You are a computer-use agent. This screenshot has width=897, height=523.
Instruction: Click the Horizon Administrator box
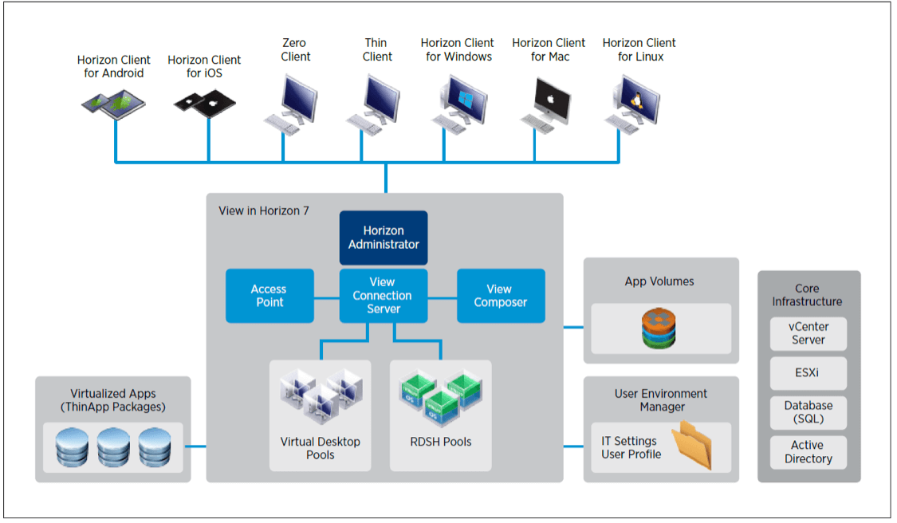tap(384, 238)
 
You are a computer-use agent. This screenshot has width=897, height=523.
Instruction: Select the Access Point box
tap(269, 296)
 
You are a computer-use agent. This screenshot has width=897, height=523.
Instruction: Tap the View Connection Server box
tap(384, 296)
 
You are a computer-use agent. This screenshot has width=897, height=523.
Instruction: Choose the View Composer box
tap(501, 296)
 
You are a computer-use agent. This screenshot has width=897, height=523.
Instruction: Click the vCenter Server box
tap(808, 333)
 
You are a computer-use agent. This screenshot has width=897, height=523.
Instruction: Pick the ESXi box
tap(808, 372)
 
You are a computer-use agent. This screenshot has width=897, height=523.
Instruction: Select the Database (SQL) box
tap(808, 412)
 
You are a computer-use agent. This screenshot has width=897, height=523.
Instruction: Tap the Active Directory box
tap(808, 452)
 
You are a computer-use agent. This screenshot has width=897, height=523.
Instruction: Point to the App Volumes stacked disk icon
tap(659, 327)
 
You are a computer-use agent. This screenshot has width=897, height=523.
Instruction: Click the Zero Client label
tap(295, 49)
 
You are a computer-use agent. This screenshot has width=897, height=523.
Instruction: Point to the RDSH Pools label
tap(440, 441)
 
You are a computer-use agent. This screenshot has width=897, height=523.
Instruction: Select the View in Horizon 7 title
tap(264, 211)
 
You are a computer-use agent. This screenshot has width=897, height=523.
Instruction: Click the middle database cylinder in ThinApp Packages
tap(113, 447)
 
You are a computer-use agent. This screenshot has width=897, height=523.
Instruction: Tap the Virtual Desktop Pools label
tap(320, 448)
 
